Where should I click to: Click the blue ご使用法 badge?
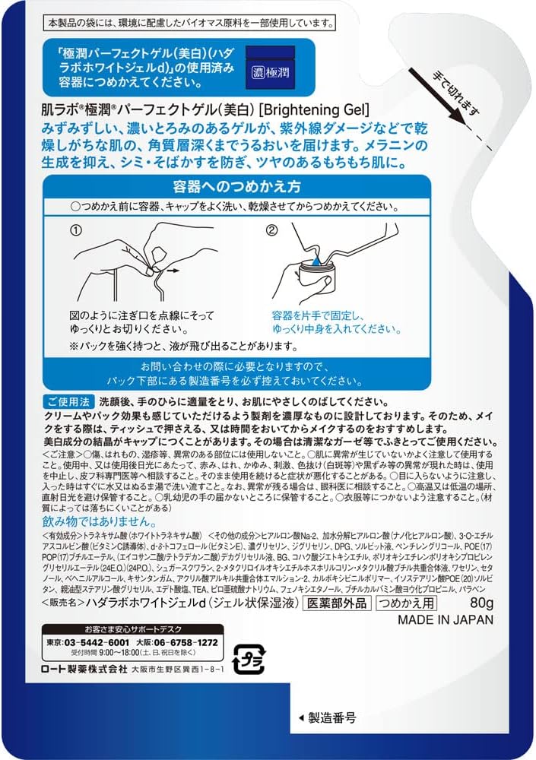[x=71, y=401]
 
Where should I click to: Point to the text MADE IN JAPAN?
[x=446, y=619]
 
